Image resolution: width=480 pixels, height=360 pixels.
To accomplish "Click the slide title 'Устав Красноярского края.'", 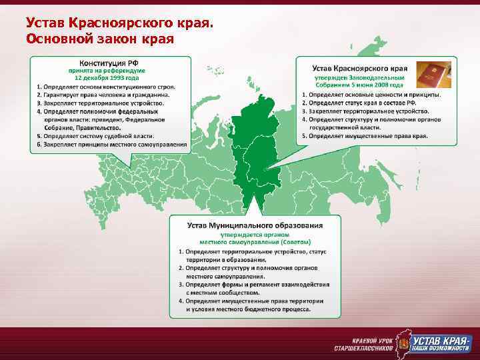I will (120, 23).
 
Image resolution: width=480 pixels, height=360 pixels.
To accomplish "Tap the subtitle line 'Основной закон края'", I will (100, 38).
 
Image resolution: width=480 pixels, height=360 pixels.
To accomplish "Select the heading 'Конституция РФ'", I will (109, 62).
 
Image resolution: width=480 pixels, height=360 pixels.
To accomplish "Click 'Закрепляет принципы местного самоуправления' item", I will (111, 144).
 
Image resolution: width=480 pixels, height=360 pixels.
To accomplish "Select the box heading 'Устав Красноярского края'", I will (360, 69).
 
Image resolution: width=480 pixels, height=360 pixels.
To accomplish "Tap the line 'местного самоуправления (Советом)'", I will (255, 241).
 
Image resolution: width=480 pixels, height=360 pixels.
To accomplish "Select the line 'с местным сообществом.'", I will (223, 293).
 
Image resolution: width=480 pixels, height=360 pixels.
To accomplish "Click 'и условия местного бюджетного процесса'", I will (248, 309).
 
